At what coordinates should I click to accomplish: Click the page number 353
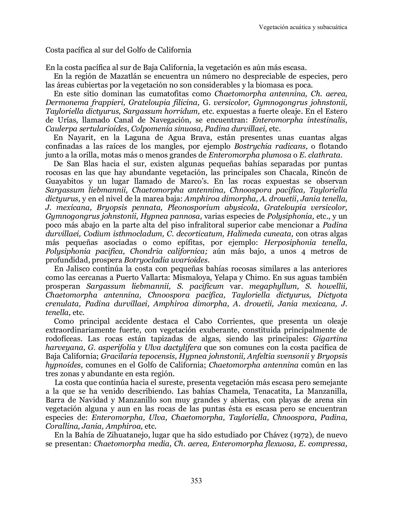[196, 480]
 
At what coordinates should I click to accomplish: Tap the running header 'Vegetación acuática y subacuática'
[303, 27]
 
